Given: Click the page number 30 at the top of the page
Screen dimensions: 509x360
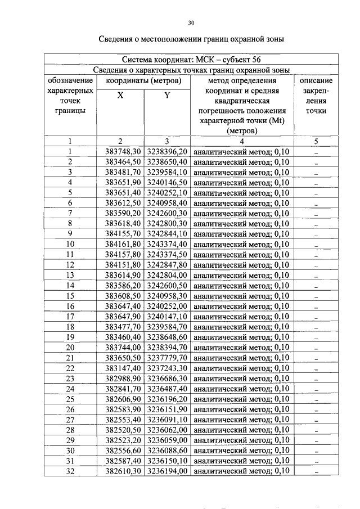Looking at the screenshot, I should pyautogui.click(x=191, y=23).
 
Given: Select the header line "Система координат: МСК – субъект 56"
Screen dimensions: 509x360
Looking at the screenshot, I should pyautogui.click(x=191, y=60).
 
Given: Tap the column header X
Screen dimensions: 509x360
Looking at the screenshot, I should pyautogui.click(x=121, y=96).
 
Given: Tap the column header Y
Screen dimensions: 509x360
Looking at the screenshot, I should pyautogui.click(x=167, y=96).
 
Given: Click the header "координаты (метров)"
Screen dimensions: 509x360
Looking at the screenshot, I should pyautogui.click(x=144, y=80).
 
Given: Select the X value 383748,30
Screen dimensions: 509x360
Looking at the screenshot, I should pyautogui.click(x=123, y=152).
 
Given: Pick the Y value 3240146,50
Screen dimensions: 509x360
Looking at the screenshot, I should pyautogui.click(x=167, y=183).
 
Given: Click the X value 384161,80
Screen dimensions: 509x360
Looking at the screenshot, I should pyautogui.click(x=123, y=244).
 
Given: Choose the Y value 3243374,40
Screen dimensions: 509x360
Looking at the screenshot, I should pyautogui.click(x=167, y=244).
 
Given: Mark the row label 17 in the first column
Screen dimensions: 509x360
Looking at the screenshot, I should pyautogui.click(x=70, y=316).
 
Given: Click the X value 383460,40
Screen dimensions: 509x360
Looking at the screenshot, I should pyautogui.click(x=123, y=337).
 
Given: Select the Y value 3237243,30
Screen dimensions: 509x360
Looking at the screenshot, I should pyautogui.click(x=167, y=368).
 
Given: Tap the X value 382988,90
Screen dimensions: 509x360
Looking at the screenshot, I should pyautogui.click(x=123, y=378).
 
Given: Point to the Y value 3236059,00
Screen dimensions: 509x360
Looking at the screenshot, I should pyautogui.click(x=167, y=440).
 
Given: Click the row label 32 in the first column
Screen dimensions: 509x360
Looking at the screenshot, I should pyautogui.click(x=70, y=471).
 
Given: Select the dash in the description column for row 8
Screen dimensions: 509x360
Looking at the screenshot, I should pyautogui.click(x=316, y=224).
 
